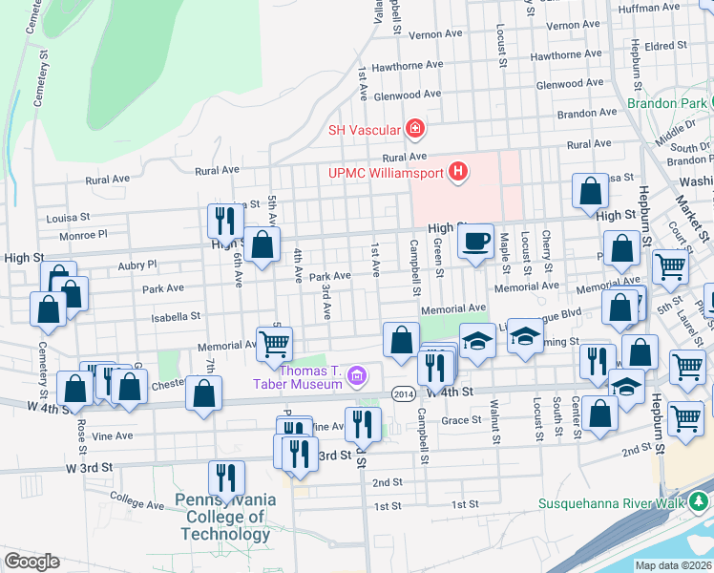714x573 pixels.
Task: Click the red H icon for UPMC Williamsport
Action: pos(459,173)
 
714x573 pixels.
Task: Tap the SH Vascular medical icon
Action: pos(414,128)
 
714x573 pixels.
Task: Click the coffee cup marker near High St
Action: pos(475,242)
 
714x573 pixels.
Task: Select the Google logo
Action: pos(31,562)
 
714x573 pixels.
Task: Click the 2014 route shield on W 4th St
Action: pos(403,393)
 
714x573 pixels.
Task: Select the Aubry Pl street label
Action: pos(136,264)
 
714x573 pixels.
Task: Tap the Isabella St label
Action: pos(180,314)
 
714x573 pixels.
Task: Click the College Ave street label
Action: pos(137,503)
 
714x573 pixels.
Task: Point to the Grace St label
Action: pos(461,420)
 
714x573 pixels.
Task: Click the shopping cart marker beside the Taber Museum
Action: pos(275,344)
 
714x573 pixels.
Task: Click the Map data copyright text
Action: pos(674,565)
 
